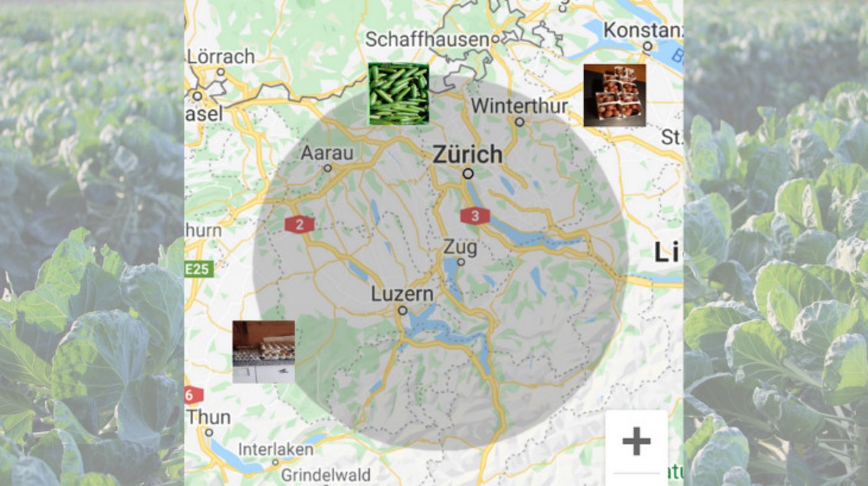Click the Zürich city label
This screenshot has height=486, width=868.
467,154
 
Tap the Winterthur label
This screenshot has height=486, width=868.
520,106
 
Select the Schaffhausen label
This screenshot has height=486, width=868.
427,39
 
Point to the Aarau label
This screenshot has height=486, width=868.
327,152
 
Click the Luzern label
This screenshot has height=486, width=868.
402,294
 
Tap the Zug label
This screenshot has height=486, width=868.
461,248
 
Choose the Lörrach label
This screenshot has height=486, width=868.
221,56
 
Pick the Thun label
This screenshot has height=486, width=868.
209,416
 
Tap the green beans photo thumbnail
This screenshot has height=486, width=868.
399,94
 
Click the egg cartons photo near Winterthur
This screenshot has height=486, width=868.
614,95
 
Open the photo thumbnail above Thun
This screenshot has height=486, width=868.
263,352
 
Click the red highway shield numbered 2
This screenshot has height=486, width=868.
299,225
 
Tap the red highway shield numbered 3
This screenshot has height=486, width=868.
475,216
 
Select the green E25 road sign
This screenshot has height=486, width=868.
198,269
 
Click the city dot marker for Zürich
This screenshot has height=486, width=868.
468,174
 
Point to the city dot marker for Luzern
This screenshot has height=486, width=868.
403,310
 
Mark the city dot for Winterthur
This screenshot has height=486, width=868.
520,122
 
